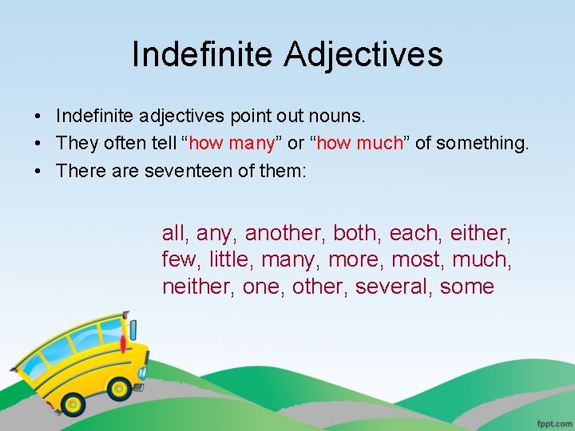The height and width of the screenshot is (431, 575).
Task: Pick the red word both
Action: pos(357,233)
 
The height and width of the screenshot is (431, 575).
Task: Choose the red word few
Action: pos(180,259)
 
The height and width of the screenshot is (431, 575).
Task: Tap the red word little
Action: pos(231,259)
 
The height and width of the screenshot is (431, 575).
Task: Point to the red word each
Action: pos(416,233)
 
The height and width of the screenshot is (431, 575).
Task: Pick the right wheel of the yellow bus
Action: pos(121,389)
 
